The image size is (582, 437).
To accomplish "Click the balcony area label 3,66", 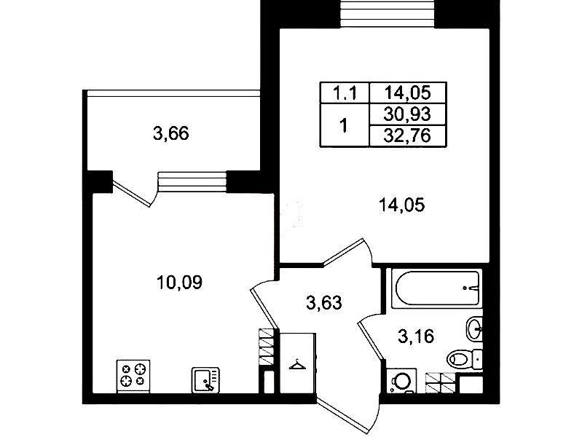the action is tap(170, 134).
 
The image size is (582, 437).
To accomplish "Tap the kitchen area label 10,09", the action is tap(180, 283).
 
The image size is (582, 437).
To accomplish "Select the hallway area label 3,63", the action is tap(323, 303).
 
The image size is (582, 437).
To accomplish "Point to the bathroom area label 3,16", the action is tap(416, 336).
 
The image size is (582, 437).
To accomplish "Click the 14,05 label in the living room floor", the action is tap(401, 205).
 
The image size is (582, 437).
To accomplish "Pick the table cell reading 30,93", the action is tap(407, 114).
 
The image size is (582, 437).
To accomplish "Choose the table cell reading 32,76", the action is tap(407, 136).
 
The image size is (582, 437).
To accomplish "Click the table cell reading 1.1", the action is tap(345, 92).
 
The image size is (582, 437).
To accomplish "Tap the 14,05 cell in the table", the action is tap(407, 92).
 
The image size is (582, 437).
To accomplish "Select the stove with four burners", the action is tap(133, 376).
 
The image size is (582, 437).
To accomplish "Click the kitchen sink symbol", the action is tap(205, 379).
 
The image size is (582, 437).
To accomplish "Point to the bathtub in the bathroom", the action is tap(438, 288).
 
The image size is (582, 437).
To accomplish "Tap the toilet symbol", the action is tap(464, 359).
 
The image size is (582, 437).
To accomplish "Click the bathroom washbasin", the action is tap(474, 328).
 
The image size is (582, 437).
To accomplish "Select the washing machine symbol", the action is tap(401, 381).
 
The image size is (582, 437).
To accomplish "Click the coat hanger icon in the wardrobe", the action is tap(298, 365).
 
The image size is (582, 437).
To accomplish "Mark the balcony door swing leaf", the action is tap(131, 194).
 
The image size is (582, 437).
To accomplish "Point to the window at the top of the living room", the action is tap(388, 13).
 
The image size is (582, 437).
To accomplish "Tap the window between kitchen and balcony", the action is tap(192, 181).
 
